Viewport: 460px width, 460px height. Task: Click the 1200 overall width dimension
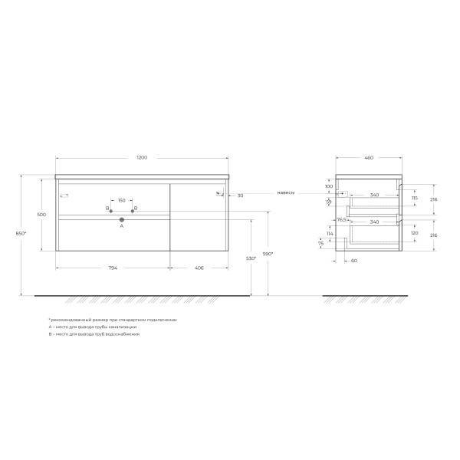pos(142,157)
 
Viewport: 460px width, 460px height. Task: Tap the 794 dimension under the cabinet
pos(112,268)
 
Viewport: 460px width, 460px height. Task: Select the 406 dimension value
pos(199,268)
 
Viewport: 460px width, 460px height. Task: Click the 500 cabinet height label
pos(41,215)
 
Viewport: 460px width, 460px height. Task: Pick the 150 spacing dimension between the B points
pos(121,201)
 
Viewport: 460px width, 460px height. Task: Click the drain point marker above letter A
pos(121,220)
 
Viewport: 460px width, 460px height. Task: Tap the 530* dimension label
pos(250,258)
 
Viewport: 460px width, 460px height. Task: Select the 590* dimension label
pos(268,253)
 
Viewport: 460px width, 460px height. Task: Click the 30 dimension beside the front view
pos(240,195)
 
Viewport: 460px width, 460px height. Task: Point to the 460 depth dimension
pos(368,157)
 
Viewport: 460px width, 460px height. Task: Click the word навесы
pos(286,193)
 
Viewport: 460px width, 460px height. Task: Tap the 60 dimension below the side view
pos(354,260)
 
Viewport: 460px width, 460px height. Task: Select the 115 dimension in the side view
pos(414,198)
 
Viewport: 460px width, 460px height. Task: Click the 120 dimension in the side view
pos(414,232)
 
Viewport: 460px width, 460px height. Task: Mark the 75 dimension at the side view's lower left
pos(321,244)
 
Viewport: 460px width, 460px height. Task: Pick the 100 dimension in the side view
pos(328,186)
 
